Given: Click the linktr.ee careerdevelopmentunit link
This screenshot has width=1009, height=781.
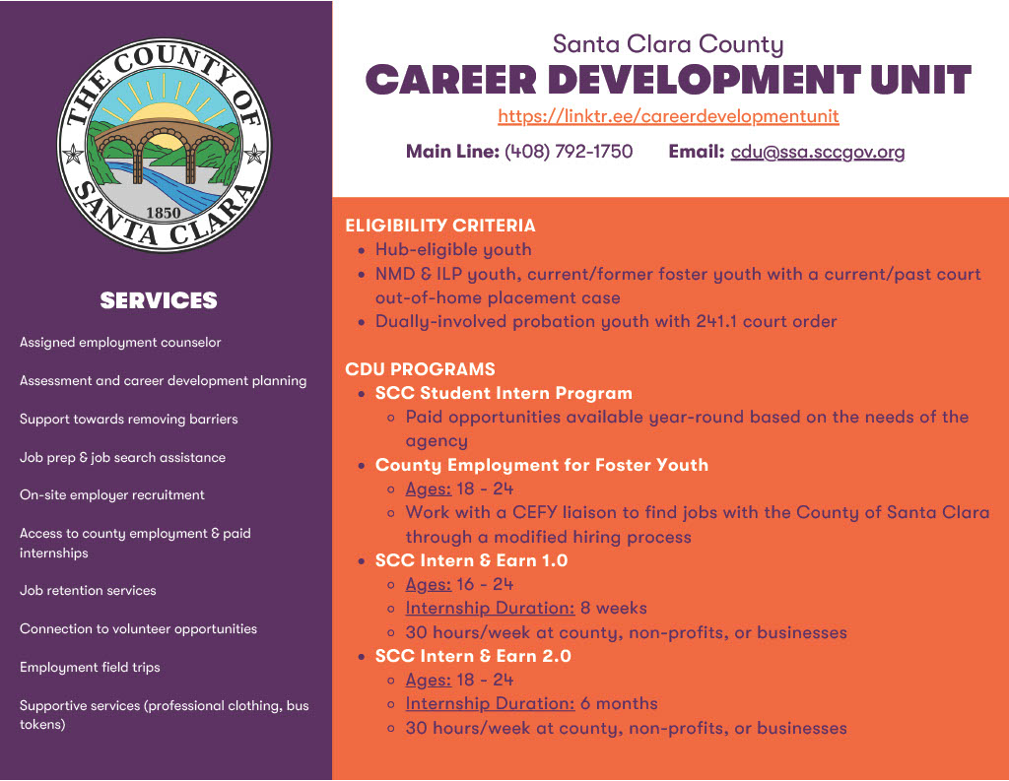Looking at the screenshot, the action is coord(668,116).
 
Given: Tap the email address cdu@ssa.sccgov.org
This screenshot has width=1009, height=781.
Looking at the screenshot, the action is coord(818,152).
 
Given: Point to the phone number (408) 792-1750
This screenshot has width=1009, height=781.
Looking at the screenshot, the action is coord(569,152).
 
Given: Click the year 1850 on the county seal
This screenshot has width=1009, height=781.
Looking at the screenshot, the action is coord(164,213).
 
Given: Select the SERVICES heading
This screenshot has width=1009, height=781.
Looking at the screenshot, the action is coord(159,300).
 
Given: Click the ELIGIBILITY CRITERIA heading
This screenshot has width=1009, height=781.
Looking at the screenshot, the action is coord(440,226).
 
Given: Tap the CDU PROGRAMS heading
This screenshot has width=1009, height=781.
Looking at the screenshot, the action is coord(420,369).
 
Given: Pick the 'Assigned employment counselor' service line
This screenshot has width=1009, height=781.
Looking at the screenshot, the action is coord(120,343).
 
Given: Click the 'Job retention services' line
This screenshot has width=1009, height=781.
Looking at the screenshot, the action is coord(88,591).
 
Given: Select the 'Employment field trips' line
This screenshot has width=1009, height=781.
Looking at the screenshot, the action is coord(90,668).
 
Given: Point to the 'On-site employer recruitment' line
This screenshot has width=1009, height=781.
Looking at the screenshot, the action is coord(112,495).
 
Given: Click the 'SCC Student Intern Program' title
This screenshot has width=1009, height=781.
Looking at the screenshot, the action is coord(504,393).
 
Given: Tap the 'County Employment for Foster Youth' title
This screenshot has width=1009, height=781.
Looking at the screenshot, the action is coord(542,465).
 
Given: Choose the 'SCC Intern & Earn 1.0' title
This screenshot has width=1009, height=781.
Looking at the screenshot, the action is coord(472,560).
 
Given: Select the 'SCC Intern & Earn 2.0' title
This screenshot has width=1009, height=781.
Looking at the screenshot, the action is coord(473,656).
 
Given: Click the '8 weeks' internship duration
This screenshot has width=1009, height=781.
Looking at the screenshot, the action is coord(614,609).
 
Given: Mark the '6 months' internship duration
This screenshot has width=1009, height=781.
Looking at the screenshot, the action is coord(619,704).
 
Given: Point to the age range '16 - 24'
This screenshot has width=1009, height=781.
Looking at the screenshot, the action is coord(485,585).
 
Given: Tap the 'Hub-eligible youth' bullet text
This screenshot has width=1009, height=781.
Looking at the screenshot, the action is coord(453,250).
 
